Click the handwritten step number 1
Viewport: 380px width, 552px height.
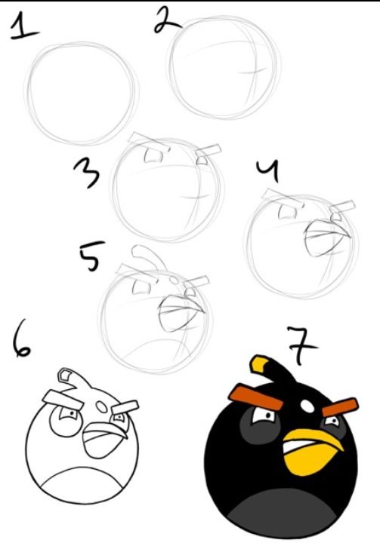[25, 28]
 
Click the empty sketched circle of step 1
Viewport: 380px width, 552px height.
[82, 92]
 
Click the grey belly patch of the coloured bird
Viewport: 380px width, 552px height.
[284, 517]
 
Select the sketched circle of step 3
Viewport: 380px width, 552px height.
[168, 189]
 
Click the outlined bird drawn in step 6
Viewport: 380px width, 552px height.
[82, 445]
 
